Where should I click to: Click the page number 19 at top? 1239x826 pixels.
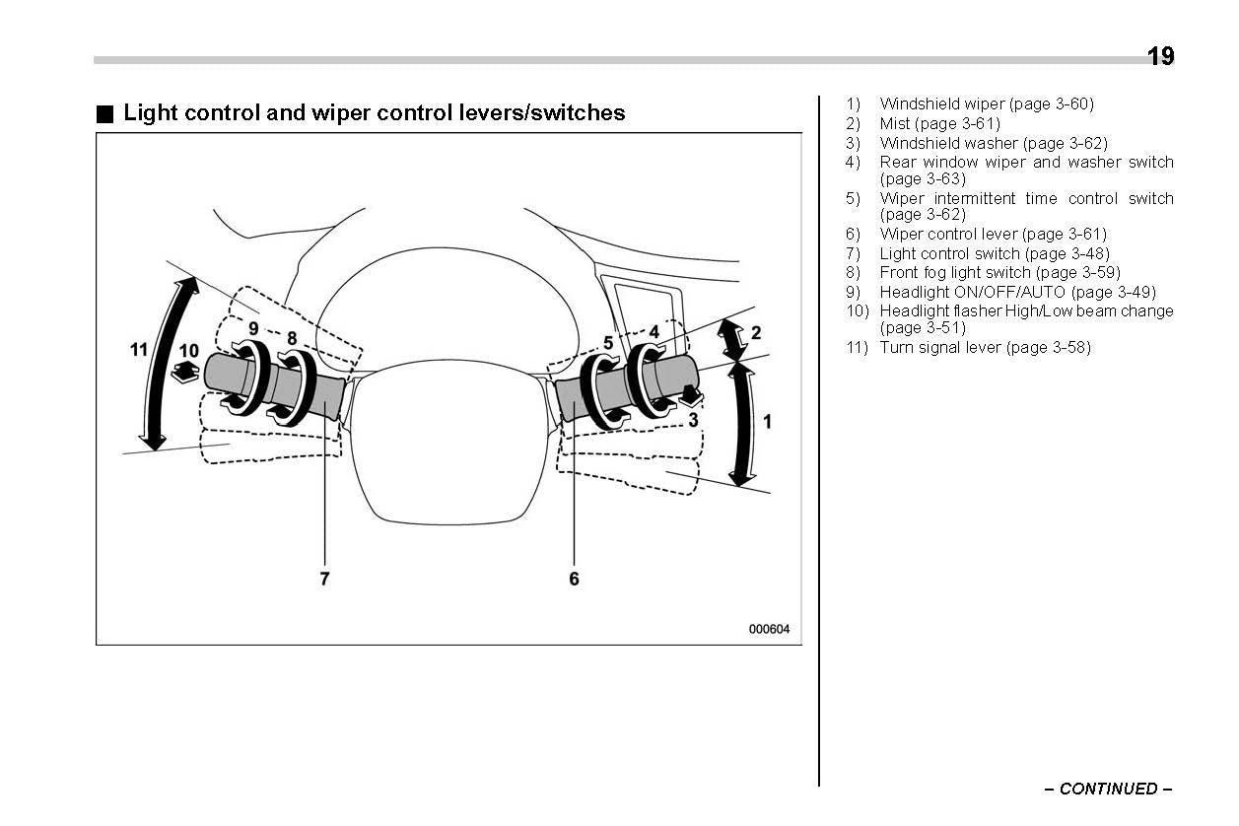(x=1160, y=56)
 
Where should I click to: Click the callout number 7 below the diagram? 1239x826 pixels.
(x=323, y=579)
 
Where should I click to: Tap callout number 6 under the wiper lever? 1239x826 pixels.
(x=574, y=579)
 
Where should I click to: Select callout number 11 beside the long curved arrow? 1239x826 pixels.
(x=139, y=349)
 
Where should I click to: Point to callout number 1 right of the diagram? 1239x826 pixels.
(x=767, y=422)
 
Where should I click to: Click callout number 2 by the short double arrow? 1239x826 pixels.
(x=756, y=333)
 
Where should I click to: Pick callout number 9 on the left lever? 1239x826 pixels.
(x=253, y=327)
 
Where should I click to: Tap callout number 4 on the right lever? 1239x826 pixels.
(x=654, y=332)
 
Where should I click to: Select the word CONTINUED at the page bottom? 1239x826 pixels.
(x=1108, y=789)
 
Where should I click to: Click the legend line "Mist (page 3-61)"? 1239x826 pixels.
(x=939, y=123)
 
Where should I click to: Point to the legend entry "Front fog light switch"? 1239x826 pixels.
(x=999, y=272)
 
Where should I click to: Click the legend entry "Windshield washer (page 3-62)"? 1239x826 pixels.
(x=994, y=143)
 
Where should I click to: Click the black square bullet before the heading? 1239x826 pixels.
(x=104, y=113)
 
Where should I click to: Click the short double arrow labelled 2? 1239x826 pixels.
(x=731, y=338)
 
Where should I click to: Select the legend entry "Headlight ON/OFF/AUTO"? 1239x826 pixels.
(x=1017, y=292)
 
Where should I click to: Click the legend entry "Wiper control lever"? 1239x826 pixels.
(x=993, y=234)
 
